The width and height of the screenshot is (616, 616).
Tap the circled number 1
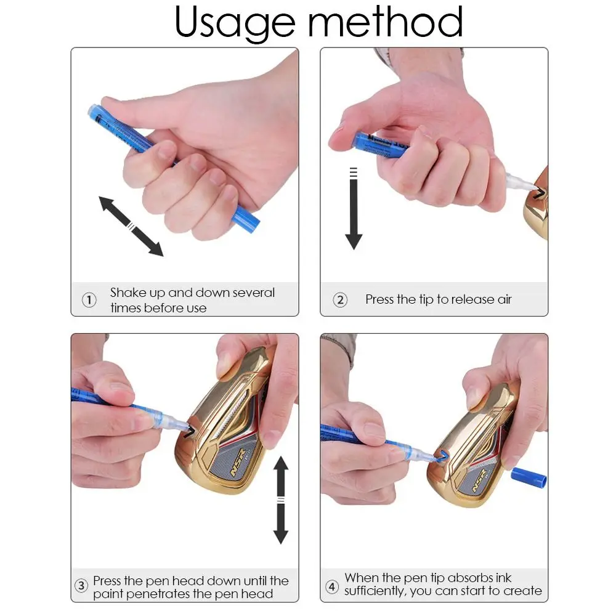click(x=89, y=300)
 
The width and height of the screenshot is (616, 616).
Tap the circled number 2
click(x=340, y=300)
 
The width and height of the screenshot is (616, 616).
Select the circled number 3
click(x=81, y=586)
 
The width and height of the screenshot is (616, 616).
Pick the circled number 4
click(x=332, y=587)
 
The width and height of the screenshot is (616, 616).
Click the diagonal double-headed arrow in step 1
click(x=131, y=226)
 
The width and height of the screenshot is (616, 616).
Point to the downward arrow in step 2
click(x=354, y=209)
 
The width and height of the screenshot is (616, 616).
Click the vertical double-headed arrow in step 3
click(x=281, y=500)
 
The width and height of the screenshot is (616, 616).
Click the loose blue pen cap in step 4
click(x=529, y=478)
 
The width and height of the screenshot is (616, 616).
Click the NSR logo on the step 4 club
click(x=480, y=480)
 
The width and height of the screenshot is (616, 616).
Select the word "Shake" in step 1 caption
click(x=128, y=293)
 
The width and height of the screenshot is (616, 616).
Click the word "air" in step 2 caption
click(x=505, y=300)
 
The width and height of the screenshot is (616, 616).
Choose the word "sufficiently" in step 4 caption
click(x=375, y=591)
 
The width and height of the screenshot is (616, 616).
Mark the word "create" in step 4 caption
click(x=522, y=591)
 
